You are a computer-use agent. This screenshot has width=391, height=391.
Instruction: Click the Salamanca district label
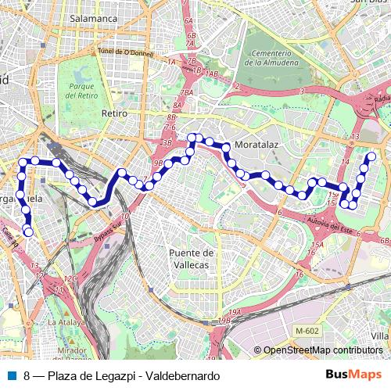pyautogui.click(x=93, y=17)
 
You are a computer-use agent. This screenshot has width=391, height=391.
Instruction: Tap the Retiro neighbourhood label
pyautogui.click(x=113, y=113)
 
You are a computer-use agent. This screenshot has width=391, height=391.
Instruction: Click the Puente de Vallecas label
pyautogui.click(x=192, y=259)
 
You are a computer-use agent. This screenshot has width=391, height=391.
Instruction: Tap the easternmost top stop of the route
pyautogui.click(x=372, y=156)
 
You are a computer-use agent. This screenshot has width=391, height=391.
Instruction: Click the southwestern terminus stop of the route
pyautogui.click(x=29, y=231)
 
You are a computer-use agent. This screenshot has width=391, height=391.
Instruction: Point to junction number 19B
pyautogui.click(x=225, y=321)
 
